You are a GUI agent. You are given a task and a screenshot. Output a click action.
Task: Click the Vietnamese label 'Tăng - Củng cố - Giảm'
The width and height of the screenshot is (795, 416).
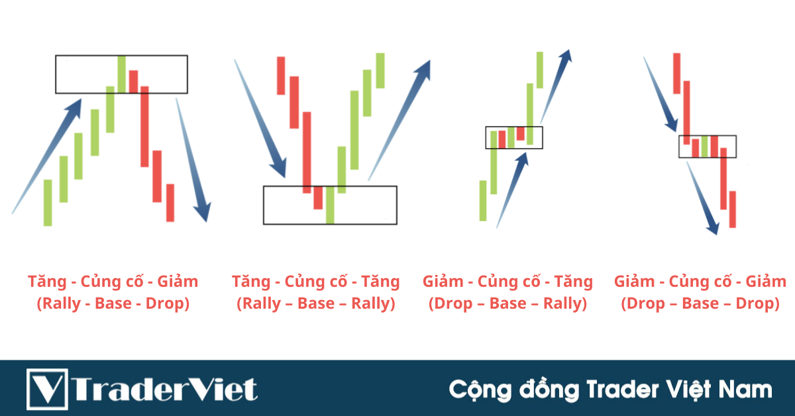point(113,282)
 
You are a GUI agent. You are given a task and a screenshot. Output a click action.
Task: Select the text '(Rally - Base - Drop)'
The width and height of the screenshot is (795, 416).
point(113,304)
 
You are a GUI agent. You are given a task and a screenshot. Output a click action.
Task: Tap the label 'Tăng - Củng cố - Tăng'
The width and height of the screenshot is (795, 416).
point(316,282)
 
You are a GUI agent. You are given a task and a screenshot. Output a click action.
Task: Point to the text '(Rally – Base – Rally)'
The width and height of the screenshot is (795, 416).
point(316,304)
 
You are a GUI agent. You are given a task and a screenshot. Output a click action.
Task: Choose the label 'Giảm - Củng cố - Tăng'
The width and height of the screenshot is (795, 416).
point(507,282)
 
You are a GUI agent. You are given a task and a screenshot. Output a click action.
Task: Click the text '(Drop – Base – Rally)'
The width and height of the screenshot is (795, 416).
point(507,304)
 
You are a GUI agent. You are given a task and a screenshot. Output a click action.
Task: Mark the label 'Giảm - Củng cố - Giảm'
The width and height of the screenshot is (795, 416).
point(700,282)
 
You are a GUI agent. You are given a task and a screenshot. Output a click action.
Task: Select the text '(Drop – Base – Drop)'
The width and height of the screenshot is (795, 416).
point(700,304)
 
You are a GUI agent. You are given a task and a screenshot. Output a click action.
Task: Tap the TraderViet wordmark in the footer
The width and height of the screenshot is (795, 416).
point(166,389)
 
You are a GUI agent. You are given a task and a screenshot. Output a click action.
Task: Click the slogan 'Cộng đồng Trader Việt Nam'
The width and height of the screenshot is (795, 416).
point(610,389)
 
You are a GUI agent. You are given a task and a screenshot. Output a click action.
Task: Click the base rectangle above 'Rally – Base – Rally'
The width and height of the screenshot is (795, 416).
point(330,205)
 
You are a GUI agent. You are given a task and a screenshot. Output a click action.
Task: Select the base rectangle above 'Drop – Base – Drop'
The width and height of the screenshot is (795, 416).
point(707,146)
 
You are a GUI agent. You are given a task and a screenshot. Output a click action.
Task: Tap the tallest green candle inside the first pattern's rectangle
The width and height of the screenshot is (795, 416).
point(121,74)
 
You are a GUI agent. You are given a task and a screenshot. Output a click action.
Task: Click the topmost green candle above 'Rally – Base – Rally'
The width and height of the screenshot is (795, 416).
point(380,70)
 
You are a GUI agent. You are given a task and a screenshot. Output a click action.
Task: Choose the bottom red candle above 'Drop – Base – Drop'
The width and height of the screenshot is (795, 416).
point(732,209)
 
